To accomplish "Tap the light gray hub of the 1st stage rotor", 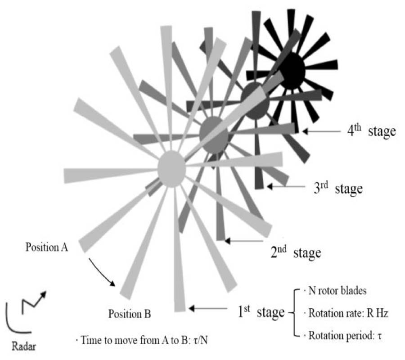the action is (172, 169).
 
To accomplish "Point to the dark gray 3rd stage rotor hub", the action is (255, 101).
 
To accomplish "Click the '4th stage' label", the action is (371, 130).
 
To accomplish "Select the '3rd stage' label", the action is (338, 188).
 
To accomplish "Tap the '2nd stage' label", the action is (296, 252).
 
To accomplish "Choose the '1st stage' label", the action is (261, 312).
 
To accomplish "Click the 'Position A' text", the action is (47, 247).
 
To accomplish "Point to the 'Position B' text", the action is (130, 314).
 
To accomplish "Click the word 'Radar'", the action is (24, 346).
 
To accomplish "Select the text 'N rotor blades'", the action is (337, 291).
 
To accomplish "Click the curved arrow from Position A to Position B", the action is (101, 272).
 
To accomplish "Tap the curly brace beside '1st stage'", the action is (294, 313).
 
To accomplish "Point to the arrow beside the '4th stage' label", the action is (321, 131).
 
